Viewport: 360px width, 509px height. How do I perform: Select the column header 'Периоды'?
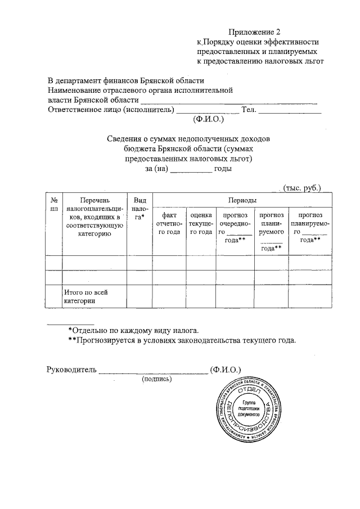[242, 200]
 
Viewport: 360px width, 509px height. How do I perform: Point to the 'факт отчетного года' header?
[169, 223]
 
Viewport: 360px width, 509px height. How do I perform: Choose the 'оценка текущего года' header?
[201, 223]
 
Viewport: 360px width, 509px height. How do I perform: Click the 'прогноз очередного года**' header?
[236, 227]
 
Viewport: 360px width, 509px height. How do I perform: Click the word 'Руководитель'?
[71, 370]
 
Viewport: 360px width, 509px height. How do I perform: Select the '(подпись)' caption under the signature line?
[157, 379]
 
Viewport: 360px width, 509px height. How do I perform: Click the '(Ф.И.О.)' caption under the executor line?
[208, 119]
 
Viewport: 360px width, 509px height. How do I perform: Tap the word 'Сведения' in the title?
[123, 138]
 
